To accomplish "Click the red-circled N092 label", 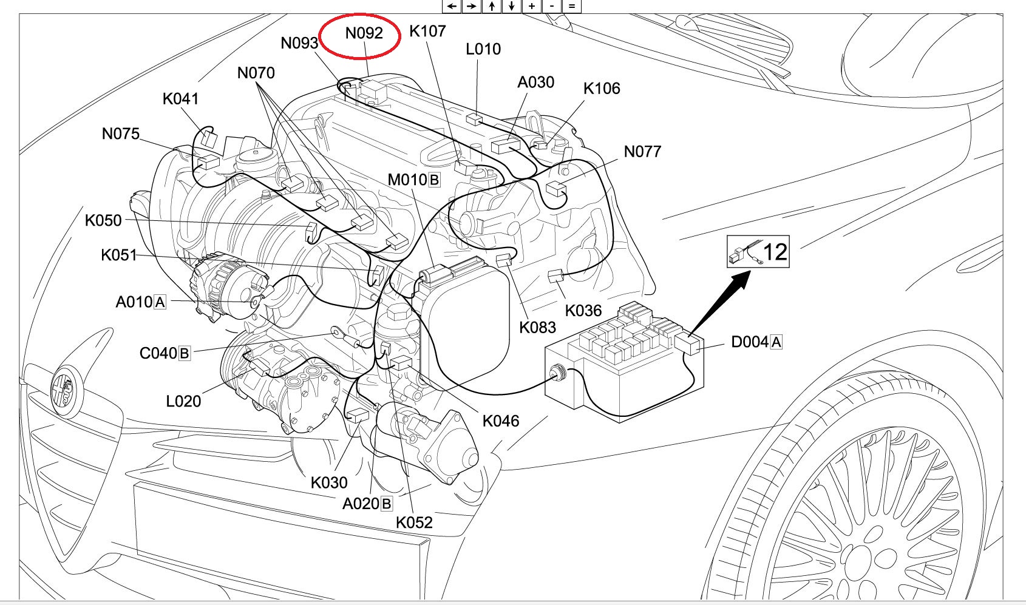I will point(364,33).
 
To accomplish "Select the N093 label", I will point(299,43).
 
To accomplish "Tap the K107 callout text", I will point(427,31).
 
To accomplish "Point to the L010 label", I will point(483,49).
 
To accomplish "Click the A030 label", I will point(535,83).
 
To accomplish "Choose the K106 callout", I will point(602,89).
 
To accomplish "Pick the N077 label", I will point(642,152).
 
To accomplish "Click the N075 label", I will point(121,134).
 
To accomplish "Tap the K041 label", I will point(180,99).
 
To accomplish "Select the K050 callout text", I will point(103,220).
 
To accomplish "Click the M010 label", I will point(407,180).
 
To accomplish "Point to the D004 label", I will point(750,342).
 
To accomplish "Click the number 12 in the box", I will point(775,252).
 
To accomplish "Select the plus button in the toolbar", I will point(532,6).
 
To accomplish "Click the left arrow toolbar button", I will point(452,6).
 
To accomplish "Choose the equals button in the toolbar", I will point(571,6).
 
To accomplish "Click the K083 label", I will point(537,328).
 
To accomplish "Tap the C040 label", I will point(158,353).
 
